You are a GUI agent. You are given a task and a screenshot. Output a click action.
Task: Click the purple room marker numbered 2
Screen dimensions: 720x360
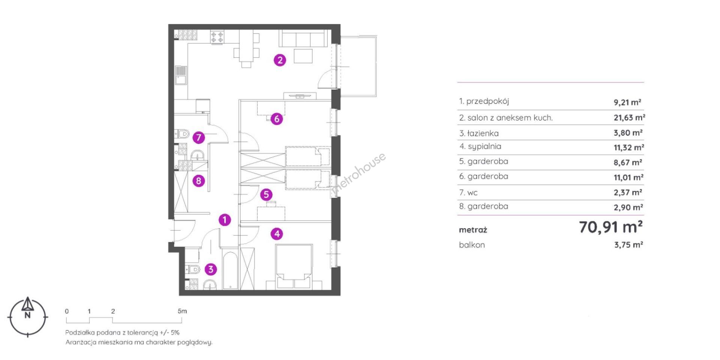[x=280, y=60]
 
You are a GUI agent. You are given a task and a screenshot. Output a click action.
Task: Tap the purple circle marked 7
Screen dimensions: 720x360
[x=199, y=138]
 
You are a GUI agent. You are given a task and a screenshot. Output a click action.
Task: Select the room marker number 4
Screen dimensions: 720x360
[x=277, y=234]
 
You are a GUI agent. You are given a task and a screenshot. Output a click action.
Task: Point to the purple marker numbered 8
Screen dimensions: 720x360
[x=199, y=181]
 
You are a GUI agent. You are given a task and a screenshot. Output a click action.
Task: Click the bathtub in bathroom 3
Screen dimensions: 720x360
[x=230, y=271]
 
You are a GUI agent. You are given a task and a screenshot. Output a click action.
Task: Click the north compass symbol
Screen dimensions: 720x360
[x=28, y=317]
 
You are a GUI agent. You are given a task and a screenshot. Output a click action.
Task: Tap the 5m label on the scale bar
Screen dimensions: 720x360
[x=182, y=311]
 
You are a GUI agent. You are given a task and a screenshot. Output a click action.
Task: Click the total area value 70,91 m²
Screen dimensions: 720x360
[x=611, y=227]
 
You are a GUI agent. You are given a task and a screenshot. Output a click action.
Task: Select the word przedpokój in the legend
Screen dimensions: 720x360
[x=487, y=101]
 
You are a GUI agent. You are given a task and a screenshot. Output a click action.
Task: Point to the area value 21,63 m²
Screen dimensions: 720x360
[x=629, y=118]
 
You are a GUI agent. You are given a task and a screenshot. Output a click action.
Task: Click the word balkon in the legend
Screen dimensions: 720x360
[x=472, y=245]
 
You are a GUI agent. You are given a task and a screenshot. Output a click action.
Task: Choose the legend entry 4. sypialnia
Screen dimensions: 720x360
[x=480, y=147]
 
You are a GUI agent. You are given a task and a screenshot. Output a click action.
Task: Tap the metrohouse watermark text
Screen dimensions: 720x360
[x=358, y=174]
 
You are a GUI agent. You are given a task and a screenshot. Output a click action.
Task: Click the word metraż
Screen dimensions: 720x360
[x=473, y=230]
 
